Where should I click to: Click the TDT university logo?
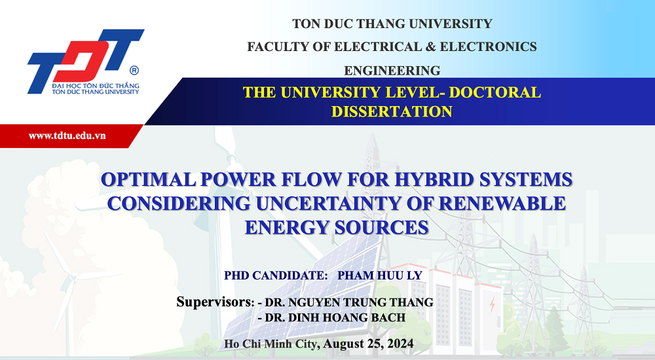84,62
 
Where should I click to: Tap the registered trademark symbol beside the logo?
134,70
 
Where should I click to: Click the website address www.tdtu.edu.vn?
67,135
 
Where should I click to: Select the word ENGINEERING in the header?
392,71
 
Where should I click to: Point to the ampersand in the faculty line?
431,46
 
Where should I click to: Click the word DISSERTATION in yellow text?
392,111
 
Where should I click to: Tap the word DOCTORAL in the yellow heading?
495,92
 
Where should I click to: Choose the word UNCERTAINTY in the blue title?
343,204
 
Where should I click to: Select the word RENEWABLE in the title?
502,204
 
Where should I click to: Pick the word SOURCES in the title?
382,228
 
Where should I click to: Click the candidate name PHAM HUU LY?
380,276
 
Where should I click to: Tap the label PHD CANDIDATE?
276,276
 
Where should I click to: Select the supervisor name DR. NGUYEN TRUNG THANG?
349,302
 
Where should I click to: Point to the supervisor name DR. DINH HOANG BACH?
335,318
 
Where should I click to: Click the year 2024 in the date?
400,344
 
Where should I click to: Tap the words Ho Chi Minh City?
272,344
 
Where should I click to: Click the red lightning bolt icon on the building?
493,304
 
